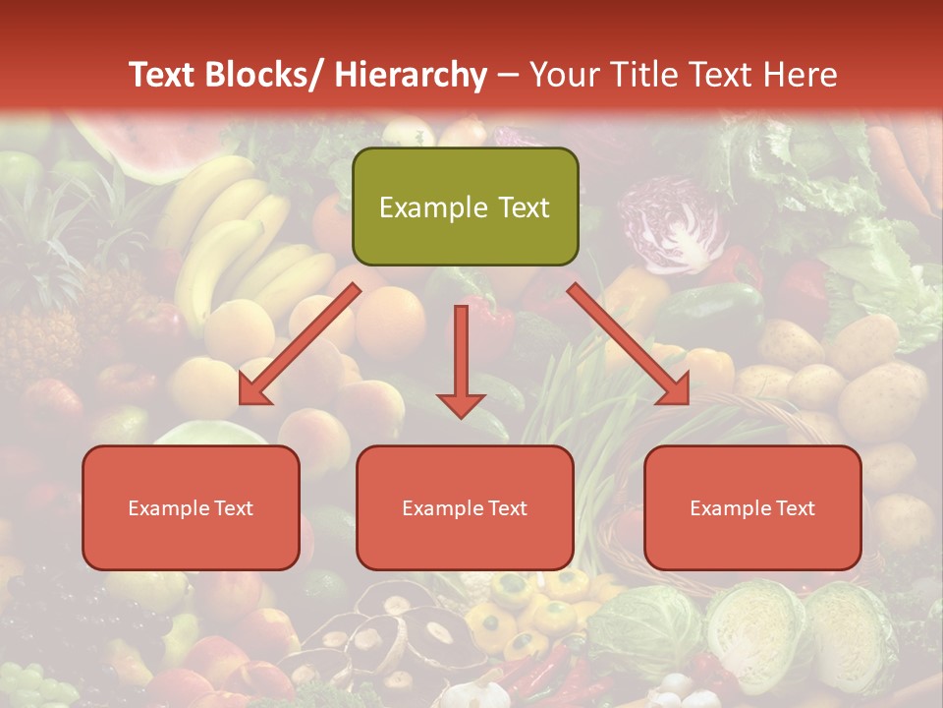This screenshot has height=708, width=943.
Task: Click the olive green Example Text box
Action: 465,206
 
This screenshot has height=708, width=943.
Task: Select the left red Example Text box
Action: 191,507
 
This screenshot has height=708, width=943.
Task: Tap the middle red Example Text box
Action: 465,507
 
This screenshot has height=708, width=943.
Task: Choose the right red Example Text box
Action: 752,507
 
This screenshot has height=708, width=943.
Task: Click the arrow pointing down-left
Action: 300,344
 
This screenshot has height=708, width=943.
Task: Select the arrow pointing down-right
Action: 629,344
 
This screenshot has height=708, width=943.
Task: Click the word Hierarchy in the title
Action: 411,75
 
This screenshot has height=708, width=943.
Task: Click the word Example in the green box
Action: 433,207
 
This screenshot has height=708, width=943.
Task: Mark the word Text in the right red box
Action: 795,507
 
